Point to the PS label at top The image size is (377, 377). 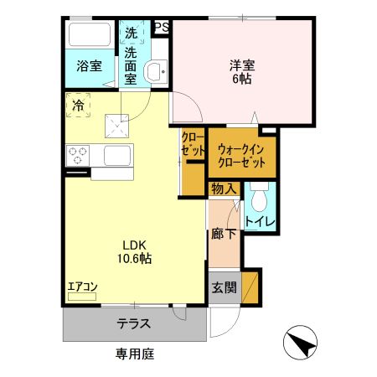162,28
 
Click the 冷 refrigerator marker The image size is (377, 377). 78,106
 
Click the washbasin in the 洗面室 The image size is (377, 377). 155,72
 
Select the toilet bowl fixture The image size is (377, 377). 258,198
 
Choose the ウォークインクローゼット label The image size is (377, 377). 242,156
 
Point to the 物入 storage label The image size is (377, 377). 222,188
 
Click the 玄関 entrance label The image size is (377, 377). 224,287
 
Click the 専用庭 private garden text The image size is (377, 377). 134,354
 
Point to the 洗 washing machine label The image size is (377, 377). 132,34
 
